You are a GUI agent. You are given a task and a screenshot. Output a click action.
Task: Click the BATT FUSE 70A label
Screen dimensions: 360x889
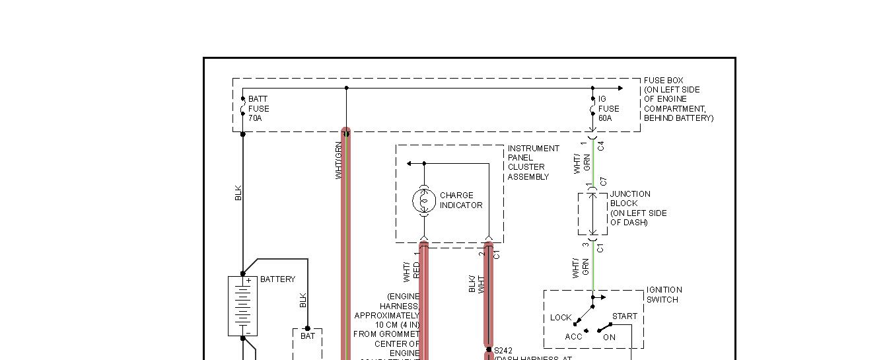tap(258, 108)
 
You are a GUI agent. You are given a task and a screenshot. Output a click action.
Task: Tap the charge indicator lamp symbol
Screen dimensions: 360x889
tap(424, 200)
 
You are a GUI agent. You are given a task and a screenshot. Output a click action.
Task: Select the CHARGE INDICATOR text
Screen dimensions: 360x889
tap(460, 200)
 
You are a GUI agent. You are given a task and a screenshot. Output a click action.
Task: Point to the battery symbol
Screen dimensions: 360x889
tap(242, 306)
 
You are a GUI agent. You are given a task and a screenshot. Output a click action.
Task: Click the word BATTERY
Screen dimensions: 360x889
tap(277, 279)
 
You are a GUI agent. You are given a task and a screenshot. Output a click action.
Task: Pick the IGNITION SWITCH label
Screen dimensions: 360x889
tap(664, 295)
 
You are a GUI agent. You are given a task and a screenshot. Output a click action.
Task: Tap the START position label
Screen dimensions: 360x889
tap(624, 316)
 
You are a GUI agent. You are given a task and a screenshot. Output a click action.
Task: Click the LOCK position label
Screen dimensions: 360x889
tap(561, 318)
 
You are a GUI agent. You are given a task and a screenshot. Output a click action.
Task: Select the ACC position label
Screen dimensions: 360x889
tap(573, 337)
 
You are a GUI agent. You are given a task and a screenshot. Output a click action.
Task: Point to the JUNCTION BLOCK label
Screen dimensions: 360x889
tap(638, 208)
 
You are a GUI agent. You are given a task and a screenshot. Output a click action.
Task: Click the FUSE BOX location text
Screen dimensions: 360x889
tap(678, 99)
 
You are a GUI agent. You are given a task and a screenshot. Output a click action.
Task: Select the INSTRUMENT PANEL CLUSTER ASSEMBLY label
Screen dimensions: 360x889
tap(533, 162)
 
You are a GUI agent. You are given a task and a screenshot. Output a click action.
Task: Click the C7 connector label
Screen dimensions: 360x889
tap(603, 182)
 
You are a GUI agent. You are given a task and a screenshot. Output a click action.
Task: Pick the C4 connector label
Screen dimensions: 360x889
tap(601, 146)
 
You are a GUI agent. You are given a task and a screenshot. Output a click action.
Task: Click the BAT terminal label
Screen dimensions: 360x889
tap(308, 336)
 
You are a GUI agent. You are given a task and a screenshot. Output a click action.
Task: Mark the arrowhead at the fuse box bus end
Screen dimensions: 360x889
tap(620, 88)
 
